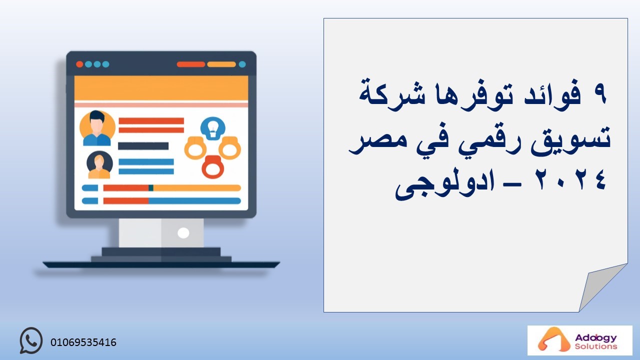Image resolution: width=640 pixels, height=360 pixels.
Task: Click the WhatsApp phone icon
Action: [x=31, y=340]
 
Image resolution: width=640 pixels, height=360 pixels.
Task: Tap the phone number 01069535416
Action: [x=83, y=342]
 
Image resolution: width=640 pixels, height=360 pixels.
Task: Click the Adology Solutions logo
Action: [x=579, y=340]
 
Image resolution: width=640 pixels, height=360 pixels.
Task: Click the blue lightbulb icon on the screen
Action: [x=213, y=128]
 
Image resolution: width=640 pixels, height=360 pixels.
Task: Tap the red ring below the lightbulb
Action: [x=213, y=167]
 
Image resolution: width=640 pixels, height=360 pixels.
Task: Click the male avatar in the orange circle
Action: [x=97, y=128]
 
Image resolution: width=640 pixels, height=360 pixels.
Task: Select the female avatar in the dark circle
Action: [x=99, y=165]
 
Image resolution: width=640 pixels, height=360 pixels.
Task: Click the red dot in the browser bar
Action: [x=79, y=64]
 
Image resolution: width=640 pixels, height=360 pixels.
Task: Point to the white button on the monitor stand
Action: [x=183, y=233]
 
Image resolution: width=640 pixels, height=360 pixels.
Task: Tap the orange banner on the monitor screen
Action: [x=161, y=88]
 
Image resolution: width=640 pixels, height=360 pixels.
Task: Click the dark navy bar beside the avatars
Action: [x=143, y=146]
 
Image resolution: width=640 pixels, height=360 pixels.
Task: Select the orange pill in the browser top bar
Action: [x=221, y=64]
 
